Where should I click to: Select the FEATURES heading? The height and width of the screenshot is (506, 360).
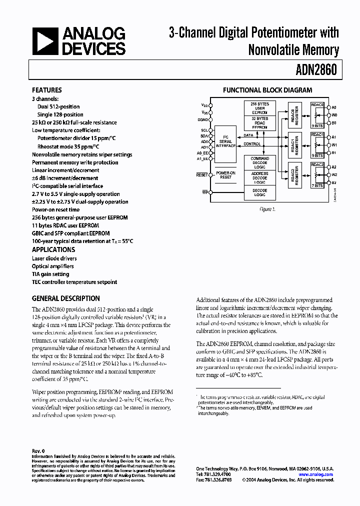coord(46,90)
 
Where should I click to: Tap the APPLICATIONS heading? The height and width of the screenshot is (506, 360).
coord(53,249)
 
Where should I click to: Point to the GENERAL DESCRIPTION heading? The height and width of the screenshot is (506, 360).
coord(66,298)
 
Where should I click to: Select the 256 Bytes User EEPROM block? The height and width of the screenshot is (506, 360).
coord(259,108)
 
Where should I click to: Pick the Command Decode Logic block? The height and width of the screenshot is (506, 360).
coord(259,163)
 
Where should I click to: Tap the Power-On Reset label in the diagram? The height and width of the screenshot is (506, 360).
coord(225,175)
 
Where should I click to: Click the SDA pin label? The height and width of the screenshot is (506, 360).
coord(204,136)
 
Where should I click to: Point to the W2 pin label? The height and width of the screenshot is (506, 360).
coord(334,175)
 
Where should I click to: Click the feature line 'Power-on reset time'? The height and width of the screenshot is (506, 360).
coord(55,210)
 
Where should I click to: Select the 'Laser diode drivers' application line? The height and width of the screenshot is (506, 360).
coord(54,258)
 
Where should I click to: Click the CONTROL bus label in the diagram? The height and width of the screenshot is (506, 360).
coord(252,144)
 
